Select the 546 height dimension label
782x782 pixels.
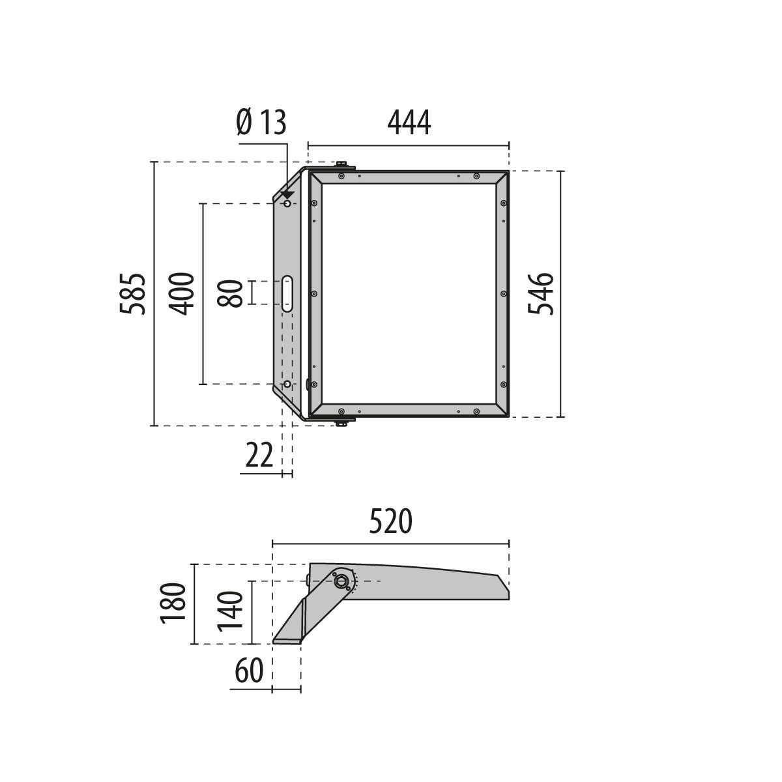pyautogui.click(x=541, y=294)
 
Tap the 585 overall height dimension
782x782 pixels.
pyautogui.click(x=133, y=294)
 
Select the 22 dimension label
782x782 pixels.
pyautogui.click(x=259, y=456)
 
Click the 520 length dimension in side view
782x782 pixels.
pyautogui.click(x=391, y=522)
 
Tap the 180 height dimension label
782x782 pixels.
pyautogui.click(x=175, y=604)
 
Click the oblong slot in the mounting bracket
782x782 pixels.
pyautogui.click(x=287, y=293)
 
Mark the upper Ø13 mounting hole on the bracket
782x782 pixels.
pyautogui.click(x=287, y=205)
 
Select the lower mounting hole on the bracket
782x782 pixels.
pyautogui.click(x=286, y=384)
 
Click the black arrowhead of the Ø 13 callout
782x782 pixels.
pyautogui.click(x=287, y=195)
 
